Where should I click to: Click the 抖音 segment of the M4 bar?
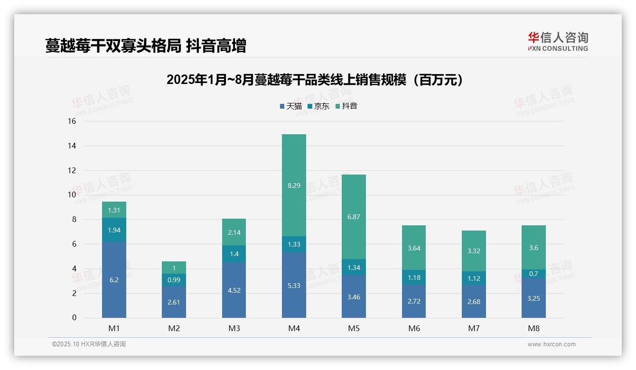point(294,199)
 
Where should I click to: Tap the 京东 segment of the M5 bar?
point(354,268)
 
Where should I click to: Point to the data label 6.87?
point(354,217)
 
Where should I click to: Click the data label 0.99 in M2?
point(174,280)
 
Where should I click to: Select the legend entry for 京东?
point(318,106)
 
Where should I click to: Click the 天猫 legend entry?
point(291,106)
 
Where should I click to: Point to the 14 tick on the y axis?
point(72,146)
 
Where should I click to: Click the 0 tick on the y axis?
point(74,318)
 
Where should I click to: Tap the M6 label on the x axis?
point(414,328)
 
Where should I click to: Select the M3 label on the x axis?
point(234,328)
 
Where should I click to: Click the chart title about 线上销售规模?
point(315,80)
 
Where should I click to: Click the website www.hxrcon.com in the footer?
point(552,344)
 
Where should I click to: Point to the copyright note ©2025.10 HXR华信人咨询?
point(89,344)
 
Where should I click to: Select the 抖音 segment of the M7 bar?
point(474,251)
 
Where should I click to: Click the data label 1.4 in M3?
point(234,254)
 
